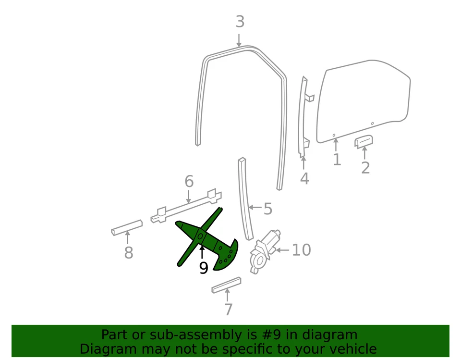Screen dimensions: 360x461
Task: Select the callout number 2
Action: tap(365, 168)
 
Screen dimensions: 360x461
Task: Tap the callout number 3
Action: tap(240, 22)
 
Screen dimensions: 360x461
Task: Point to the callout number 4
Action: tap(304, 179)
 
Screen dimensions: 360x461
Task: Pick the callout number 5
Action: tap(267, 209)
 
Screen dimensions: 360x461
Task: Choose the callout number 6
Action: tap(189, 182)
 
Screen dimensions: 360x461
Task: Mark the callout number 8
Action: tap(128, 253)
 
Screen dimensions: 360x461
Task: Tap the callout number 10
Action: tap(301, 250)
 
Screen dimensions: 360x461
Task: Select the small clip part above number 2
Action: tap(364, 142)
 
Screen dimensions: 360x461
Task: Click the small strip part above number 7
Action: tap(226, 285)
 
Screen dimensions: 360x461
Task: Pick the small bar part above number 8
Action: tap(127, 227)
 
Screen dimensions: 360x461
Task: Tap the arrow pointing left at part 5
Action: tap(255, 208)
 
